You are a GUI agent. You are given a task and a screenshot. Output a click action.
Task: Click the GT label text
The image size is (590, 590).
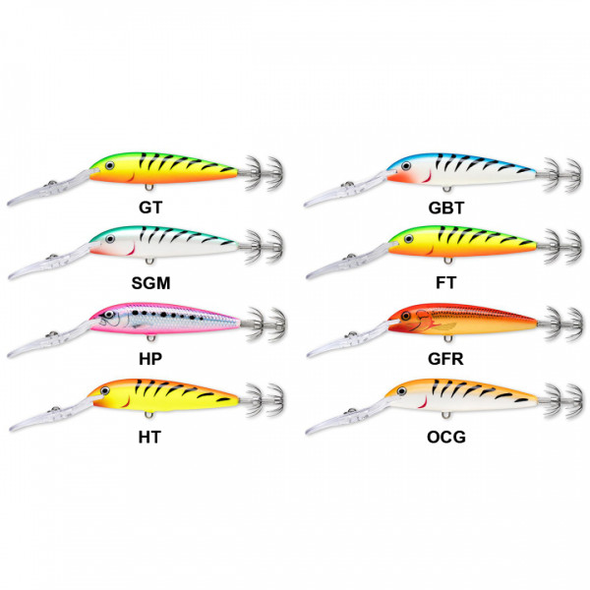[x=150, y=207]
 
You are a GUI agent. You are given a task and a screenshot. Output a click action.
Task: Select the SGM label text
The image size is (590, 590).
[x=150, y=283]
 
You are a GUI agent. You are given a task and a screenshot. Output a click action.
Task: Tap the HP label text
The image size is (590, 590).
[x=150, y=359]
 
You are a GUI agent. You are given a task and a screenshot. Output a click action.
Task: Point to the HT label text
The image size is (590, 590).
[x=149, y=438]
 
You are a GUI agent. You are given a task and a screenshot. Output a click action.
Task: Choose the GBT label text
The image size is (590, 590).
[x=446, y=207]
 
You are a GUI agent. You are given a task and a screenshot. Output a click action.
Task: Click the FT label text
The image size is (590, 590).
[x=445, y=282]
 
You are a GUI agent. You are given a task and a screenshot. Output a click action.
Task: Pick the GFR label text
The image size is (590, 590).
[x=445, y=359]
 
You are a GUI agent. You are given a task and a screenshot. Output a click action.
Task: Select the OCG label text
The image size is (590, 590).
[x=446, y=438]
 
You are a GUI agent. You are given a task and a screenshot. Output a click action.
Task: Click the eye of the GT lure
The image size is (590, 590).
[x=110, y=165]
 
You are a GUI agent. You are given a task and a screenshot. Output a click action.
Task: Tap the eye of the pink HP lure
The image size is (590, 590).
[x=109, y=315]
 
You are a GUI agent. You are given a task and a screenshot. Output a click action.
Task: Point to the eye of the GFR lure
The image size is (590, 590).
[x=405, y=316]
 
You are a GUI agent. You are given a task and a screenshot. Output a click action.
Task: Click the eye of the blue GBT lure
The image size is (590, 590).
[x=406, y=166]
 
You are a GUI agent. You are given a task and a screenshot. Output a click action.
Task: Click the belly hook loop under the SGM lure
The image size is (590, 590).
[x=149, y=261]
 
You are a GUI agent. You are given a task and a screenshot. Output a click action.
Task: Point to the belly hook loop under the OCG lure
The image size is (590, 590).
[x=445, y=415]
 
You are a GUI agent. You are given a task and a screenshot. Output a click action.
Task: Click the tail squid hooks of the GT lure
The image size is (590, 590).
[x=263, y=173]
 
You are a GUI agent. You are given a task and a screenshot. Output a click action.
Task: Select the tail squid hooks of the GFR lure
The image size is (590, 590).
[x=560, y=324]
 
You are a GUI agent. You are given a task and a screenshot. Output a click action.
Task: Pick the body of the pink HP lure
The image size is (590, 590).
[x=165, y=319]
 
